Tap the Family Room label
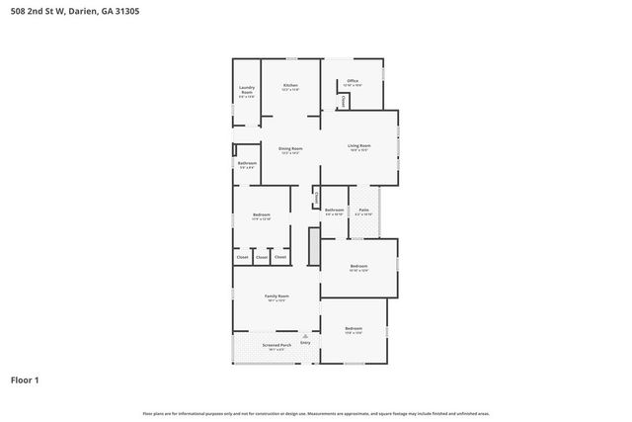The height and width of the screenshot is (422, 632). tap(276, 297)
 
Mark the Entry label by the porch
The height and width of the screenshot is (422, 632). tap(305, 343)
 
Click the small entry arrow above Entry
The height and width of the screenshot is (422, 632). tap(305, 336)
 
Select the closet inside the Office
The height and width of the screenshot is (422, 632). tap(343, 101)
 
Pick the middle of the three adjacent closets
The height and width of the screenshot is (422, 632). tap(262, 257)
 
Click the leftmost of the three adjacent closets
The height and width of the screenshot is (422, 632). tap(243, 257)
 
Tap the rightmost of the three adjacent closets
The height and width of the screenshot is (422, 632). tap(280, 257)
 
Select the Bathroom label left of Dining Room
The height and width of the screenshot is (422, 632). tap(247, 164)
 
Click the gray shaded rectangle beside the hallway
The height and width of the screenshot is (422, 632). tap(314, 247)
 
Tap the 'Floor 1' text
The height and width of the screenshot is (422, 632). tap(25, 380)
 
